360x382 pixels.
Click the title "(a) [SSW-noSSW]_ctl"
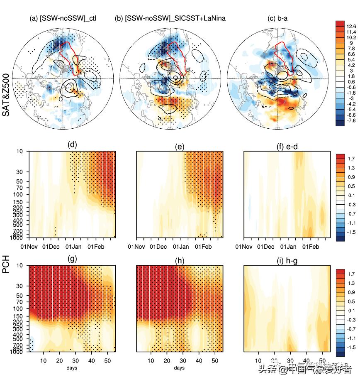pos(63,18)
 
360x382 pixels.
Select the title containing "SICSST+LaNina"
pos(170,18)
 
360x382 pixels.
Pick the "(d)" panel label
pos(72,146)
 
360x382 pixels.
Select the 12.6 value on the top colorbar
pos(352,26)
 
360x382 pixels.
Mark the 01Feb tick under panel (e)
pos(203,247)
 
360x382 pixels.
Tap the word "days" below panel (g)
pos(72,368)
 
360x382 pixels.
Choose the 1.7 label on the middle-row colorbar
pos(352,158)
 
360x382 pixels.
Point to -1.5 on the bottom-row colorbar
pos(351,346)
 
